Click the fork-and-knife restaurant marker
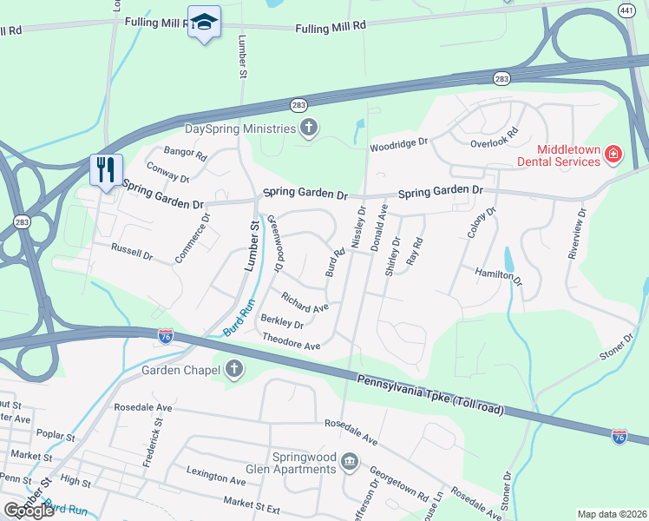coord(107,169)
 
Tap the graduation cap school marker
coord(204,23)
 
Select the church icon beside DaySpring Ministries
coord(308,129)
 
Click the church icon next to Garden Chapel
coord(233,370)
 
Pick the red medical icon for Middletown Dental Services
coord(613,154)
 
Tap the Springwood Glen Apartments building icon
coord(349,460)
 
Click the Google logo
coord(29,511)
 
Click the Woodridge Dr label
coord(399,142)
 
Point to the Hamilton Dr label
coord(499,276)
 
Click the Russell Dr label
coord(132,252)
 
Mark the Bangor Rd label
coord(186,155)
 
